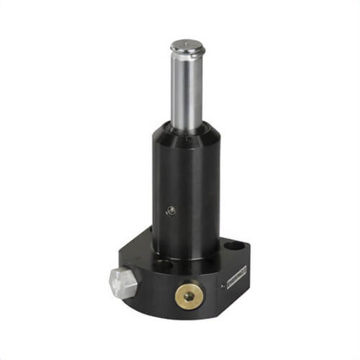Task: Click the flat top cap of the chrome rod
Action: coord(187,45)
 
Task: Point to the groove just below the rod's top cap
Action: coord(187,55)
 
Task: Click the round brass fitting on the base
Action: coord(188,295)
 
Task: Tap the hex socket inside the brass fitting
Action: coord(189,296)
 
